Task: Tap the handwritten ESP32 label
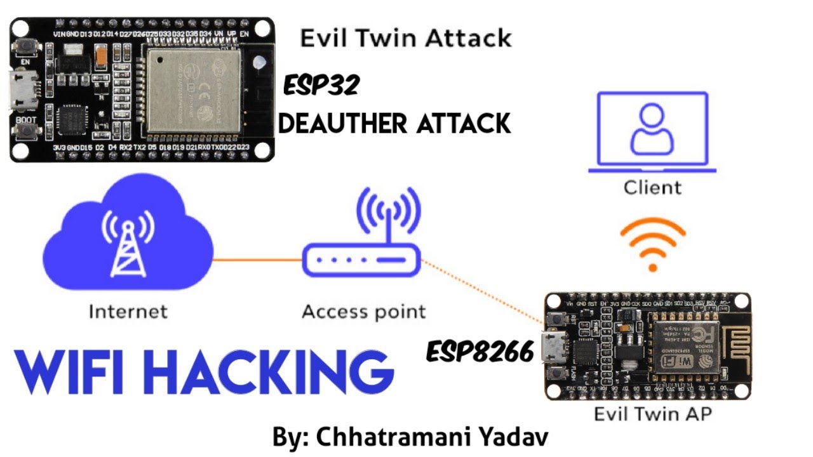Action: click(x=321, y=84)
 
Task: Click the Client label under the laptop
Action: click(x=652, y=188)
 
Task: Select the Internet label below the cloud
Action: click(x=128, y=312)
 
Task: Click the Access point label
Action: click(x=364, y=312)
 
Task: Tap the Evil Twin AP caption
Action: click(x=652, y=414)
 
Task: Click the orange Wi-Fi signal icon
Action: click(x=653, y=245)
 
